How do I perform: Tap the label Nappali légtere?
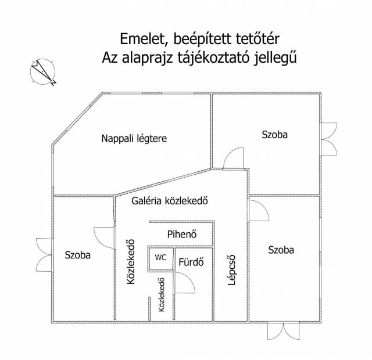(134, 139)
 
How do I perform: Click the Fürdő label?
(191, 261)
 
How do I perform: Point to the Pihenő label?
(182, 235)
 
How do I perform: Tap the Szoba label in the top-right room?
(274, 135)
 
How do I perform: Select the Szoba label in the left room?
(78, 254)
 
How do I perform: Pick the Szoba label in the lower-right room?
(281, 250)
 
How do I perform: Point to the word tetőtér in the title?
(257, 39)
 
